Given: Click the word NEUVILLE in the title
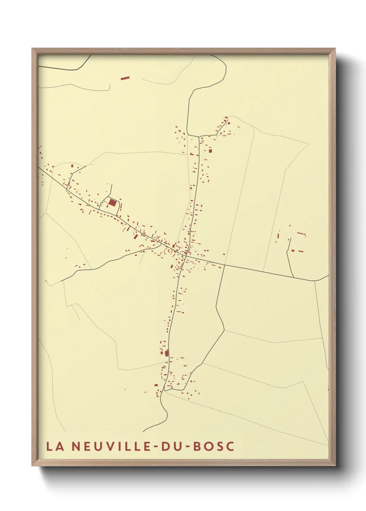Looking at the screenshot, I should (112, 446).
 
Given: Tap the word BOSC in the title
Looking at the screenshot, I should (213, 446).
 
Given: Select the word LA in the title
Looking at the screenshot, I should (55, 446).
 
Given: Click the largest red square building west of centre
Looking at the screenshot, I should (112, 202).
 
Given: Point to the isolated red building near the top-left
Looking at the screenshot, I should (125, 78).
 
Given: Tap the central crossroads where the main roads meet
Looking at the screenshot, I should (186, 256).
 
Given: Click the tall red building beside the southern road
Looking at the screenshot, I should (167, 353).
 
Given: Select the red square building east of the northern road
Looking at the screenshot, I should (210, 150).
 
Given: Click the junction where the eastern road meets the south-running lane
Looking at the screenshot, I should (225, 265).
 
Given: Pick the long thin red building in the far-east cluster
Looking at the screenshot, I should (301, 233).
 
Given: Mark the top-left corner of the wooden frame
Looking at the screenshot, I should (32, 49).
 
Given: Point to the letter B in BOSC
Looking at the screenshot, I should (197, 446).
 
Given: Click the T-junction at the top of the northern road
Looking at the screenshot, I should (199, 136).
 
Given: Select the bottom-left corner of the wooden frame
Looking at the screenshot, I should (32, 465).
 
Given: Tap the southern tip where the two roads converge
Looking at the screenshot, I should (165, 391).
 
